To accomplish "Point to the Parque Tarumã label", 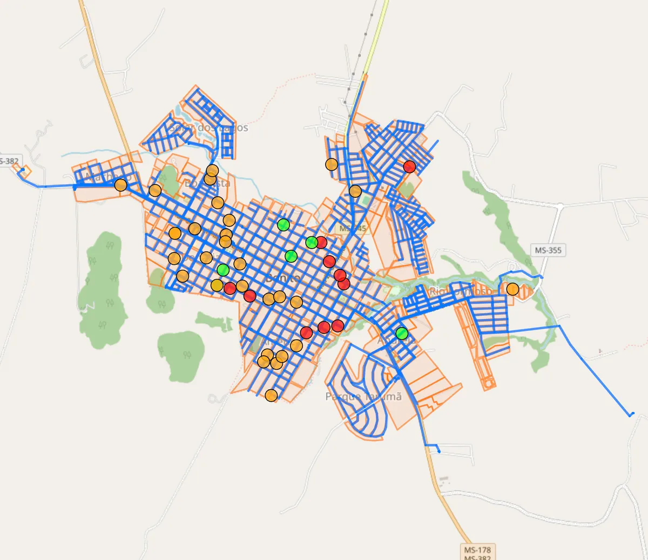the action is point(363,396).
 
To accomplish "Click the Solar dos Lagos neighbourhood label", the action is point(208,128).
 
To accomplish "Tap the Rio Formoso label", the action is point(460,291).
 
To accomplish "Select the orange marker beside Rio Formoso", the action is point(512,289).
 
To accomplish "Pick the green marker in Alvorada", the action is point(401,333).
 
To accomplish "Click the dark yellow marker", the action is point(217,285).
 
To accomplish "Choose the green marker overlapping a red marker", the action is point(312,242).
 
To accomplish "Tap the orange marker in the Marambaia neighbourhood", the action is point(120,185).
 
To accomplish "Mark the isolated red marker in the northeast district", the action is point(409,166).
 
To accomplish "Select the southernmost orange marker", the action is point(271,396).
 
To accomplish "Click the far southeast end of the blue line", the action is point(630,415).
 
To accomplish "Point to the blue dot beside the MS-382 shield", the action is point(23,170).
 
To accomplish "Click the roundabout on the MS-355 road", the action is point(560,206).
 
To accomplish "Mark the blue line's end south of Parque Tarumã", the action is point(438,451).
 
